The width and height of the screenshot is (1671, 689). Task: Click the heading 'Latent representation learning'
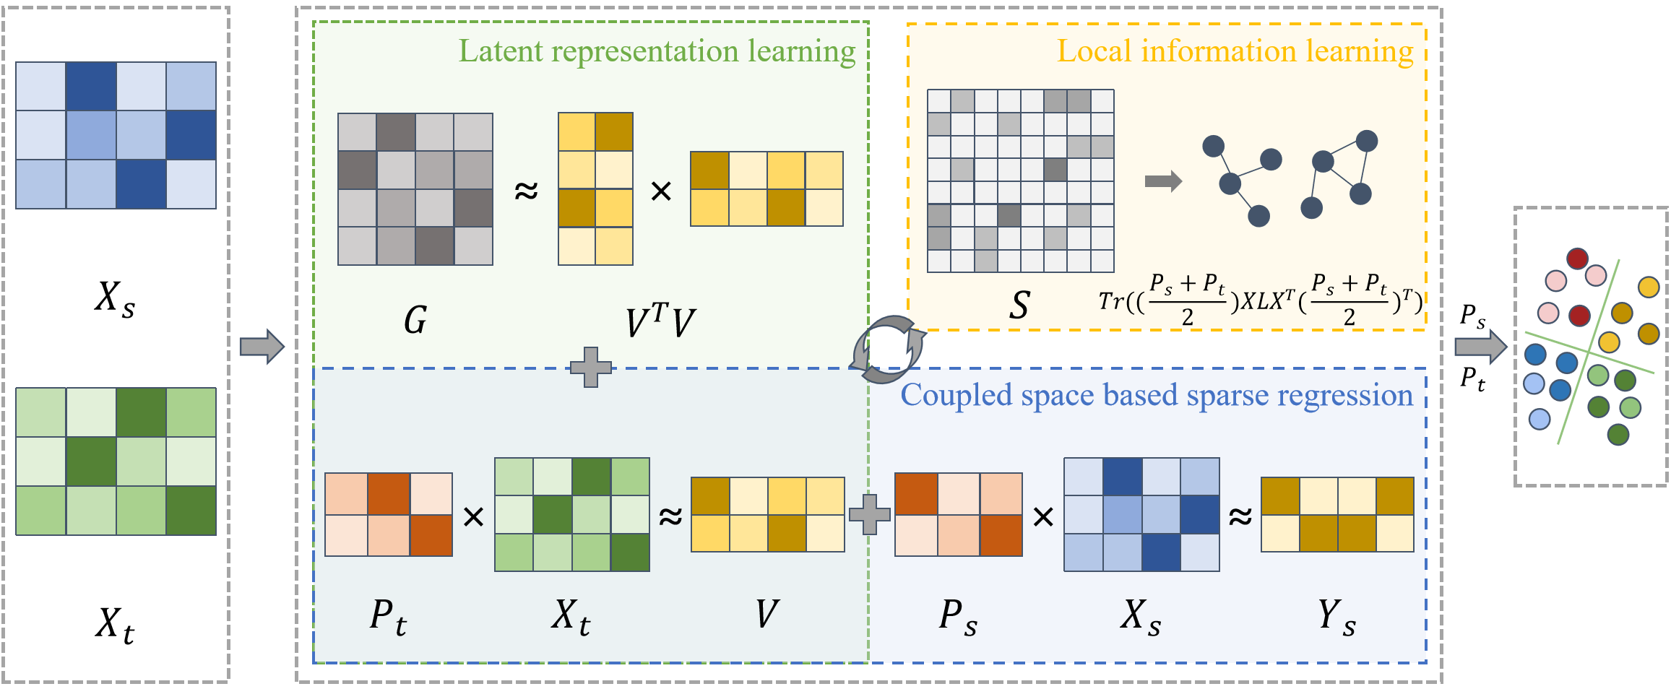pos(656,52)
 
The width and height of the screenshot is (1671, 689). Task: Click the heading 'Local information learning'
pos(1235,52)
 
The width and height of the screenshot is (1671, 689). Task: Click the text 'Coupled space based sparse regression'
pos(1156,396)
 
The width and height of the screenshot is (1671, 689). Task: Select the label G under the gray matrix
pos(415,320)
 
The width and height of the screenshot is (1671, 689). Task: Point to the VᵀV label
pos(660,321)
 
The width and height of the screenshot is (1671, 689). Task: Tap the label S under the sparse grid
pos(1019,305)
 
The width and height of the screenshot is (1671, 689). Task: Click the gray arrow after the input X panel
pos(262,347)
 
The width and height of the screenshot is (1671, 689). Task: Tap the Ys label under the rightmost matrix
pos(1337,618)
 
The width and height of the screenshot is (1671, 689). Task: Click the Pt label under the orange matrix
pos(388,618)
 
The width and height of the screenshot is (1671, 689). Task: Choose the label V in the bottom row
pos(767,614)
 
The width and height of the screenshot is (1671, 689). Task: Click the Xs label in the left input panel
pos(115,298)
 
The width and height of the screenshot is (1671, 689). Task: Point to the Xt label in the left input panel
pos(115,624)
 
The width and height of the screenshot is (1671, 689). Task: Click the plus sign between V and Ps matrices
pos(869,515)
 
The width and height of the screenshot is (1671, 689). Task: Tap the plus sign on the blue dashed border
pos(591,368)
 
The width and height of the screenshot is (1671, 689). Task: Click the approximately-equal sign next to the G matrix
pos(526,191)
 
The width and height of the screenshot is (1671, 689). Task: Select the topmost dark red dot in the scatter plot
pos(1577,259)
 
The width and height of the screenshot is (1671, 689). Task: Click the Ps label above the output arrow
pos(1472,316)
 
